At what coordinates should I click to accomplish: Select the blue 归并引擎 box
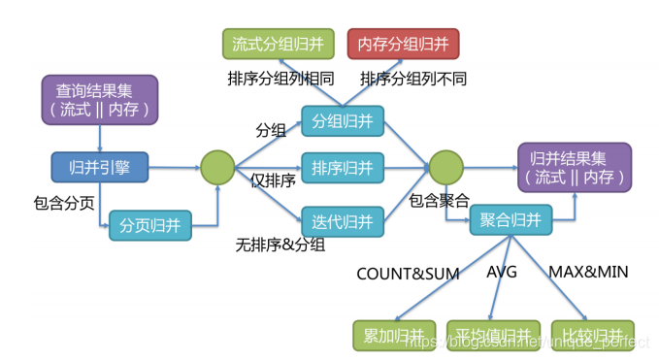tap(100, 167)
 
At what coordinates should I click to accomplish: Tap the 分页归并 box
tap(149, 225)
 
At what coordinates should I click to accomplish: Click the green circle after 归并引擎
tap(218, 167)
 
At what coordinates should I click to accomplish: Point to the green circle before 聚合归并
tap(446, 167)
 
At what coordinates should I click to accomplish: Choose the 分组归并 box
tap(343, 121)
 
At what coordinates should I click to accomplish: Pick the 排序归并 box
tap(343, 169)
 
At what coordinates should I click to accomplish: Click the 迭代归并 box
tap(343, 221)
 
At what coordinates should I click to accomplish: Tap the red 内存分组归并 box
tap(403, 44)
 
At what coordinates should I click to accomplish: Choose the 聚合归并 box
tap(511, 221)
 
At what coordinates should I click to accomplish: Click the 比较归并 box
tap(592, 335)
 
